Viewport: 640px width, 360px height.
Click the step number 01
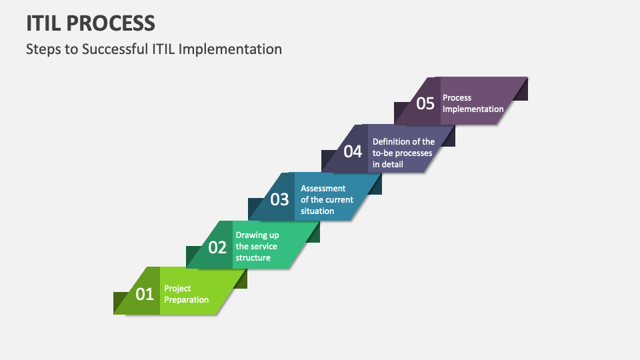[x=145, y=294]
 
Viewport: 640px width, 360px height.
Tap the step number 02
[x=217, y=247]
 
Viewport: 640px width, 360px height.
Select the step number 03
[x=279, y=199]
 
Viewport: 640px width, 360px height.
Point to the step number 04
[x=353, y=152]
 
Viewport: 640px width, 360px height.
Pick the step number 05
[x=425, y=103]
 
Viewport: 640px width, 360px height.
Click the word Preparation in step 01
[x=187, y=300]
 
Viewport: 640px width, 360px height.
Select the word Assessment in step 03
[x=323, y=188]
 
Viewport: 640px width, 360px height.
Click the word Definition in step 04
[x=391, y=141]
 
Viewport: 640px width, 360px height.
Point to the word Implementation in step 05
[x=473, y=109]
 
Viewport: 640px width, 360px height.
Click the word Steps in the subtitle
[x=43, y=49]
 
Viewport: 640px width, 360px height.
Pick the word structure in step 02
[x=253, y=258]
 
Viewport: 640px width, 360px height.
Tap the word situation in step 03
[x=317, y=211]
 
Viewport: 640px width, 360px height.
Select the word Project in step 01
[x=178, y=288]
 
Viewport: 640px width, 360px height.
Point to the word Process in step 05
[x=457, y=97]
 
